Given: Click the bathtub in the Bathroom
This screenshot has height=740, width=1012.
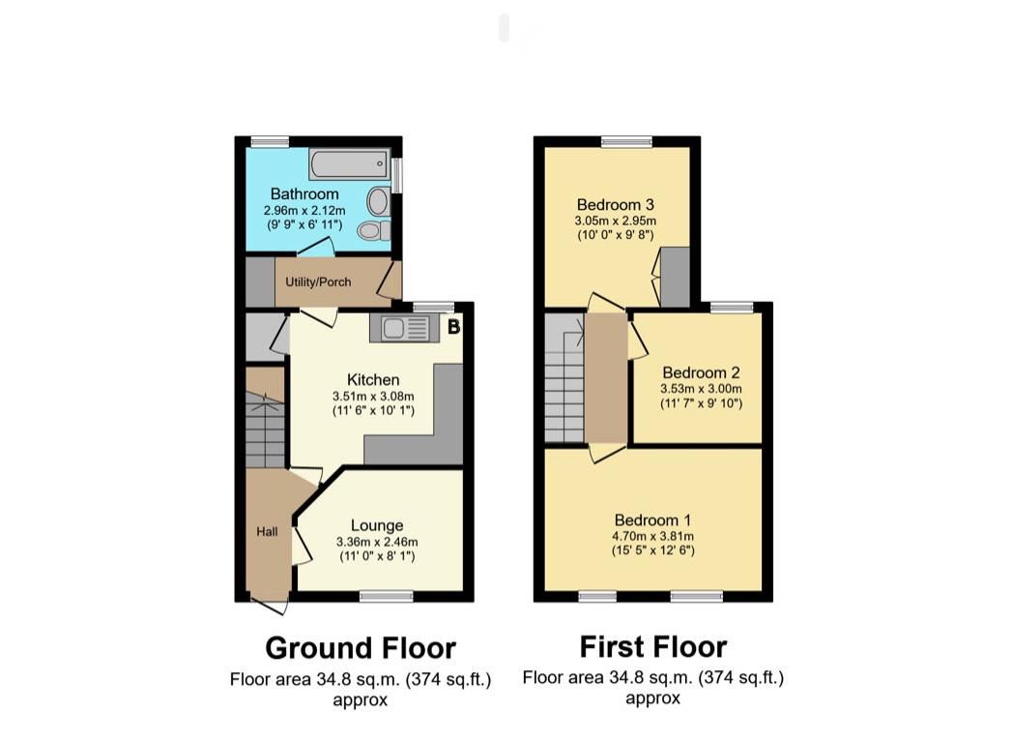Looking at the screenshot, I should tap(349, 164).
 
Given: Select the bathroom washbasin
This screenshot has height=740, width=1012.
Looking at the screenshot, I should tap(378, 201).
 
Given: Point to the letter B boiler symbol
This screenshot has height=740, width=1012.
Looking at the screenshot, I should tap(452, 327).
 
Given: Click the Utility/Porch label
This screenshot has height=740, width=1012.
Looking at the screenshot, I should tap(318, 281).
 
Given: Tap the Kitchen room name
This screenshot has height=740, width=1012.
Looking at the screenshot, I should tap(372, 379).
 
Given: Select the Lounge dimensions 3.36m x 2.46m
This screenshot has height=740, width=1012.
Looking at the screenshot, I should tap(377, 542).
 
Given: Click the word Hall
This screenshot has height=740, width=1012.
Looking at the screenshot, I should tap(267, 531).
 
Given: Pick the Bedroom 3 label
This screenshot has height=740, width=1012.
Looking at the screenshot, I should tap(616, 204).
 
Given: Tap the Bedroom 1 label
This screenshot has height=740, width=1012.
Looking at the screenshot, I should tap(653, 519).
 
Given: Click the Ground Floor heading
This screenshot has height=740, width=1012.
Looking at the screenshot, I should tap(360, 647).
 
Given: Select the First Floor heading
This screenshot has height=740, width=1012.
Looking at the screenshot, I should tap(652, 645).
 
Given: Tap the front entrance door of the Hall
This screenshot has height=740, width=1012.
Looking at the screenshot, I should tap(271, 607).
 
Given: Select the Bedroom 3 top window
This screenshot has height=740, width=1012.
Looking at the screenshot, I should tap(624, 141).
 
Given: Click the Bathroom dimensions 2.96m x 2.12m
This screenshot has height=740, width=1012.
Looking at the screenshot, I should tap(304, 211).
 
